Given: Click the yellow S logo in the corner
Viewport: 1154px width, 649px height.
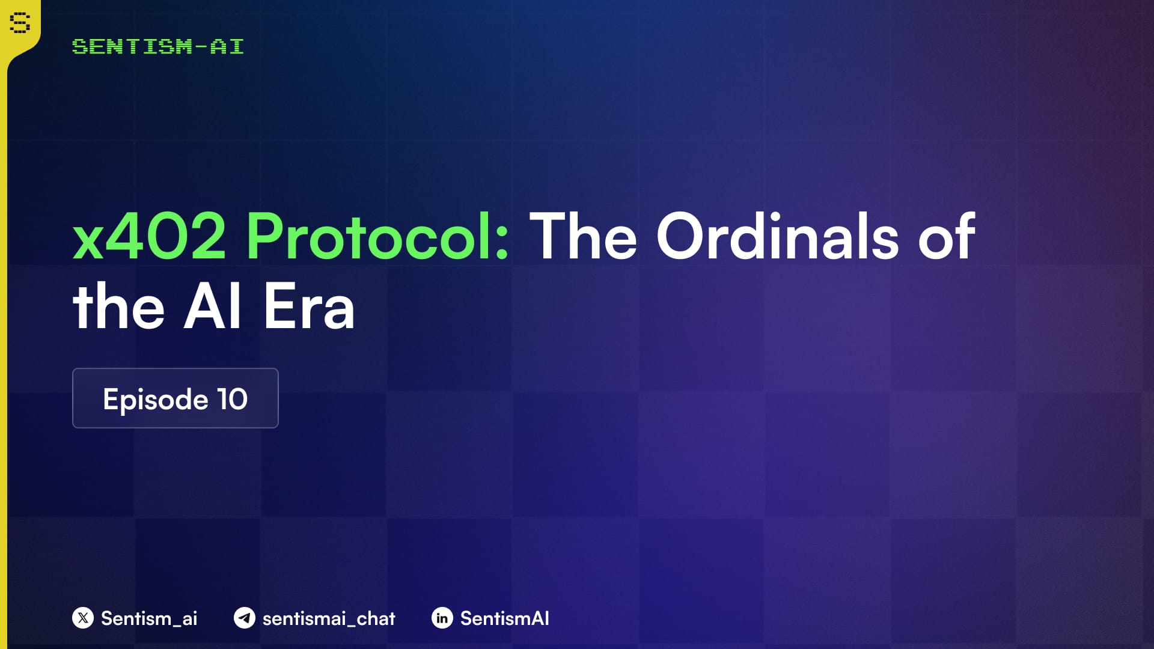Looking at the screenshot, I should tap(20, 23).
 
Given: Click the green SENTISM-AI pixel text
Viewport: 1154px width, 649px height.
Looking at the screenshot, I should tap(157, 46).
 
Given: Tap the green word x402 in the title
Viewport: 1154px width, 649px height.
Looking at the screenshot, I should tap(149, 237).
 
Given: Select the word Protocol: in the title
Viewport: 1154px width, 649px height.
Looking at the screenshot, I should tap(377, 237).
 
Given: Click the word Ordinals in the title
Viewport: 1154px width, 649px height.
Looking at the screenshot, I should tap(777, 237).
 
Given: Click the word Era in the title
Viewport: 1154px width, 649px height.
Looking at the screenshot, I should tap(309, 307).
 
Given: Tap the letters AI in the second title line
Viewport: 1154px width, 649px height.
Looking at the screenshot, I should tap(213, 307).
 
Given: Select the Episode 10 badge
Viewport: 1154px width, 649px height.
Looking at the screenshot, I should tap(175, 398).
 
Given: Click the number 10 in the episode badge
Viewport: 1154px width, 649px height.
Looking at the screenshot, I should tap(232, 399).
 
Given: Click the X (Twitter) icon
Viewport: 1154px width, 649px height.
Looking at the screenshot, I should tap(83, 618).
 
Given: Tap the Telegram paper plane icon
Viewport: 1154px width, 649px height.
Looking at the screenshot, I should tap(245, 618).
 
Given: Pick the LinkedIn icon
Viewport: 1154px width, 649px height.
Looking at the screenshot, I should tap(442, 618).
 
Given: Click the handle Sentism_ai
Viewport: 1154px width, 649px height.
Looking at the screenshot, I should tap(149, 618).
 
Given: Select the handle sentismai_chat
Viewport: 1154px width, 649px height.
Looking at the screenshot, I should tap(329, 618).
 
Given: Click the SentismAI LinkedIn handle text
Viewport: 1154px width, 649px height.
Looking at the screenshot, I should tap(505, 618).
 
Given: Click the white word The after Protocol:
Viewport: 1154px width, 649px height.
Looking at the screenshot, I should tap(582, 237).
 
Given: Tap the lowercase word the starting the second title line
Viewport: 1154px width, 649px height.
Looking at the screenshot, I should tap(118, 307).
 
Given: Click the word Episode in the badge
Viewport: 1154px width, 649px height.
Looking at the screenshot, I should tap(155, 400).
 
